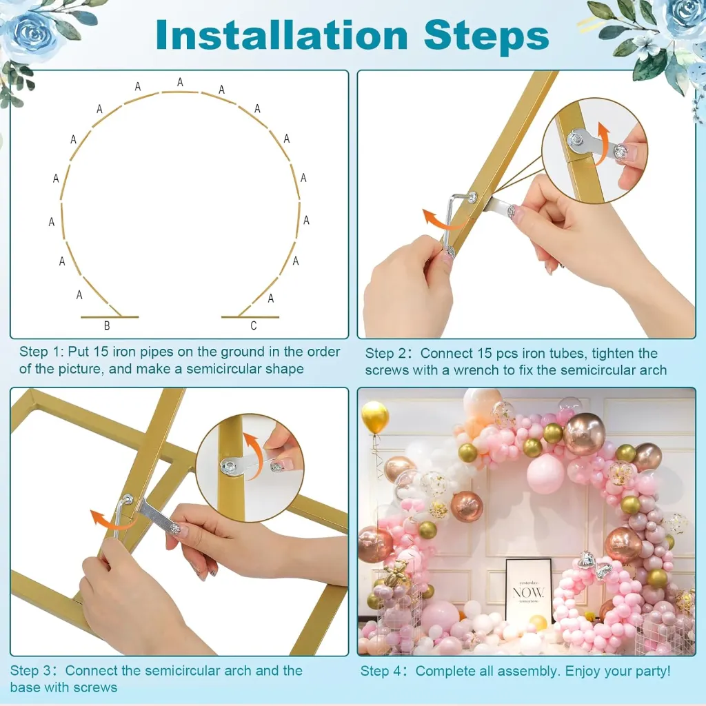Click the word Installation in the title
[x=282, y=35]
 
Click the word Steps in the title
[x=486, y=36]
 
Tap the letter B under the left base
[x=107, y=325]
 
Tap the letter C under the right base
[x=254, y=325]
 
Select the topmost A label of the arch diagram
[x=180, y=82]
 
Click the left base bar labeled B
[x=110, y=317]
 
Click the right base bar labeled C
[x=250, y=317]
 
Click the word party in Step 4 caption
[x=653, y=672]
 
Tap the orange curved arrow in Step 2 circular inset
[x=599, y=143]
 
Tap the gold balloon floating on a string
[x=374, y=417]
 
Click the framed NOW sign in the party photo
[x=528, y=591]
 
